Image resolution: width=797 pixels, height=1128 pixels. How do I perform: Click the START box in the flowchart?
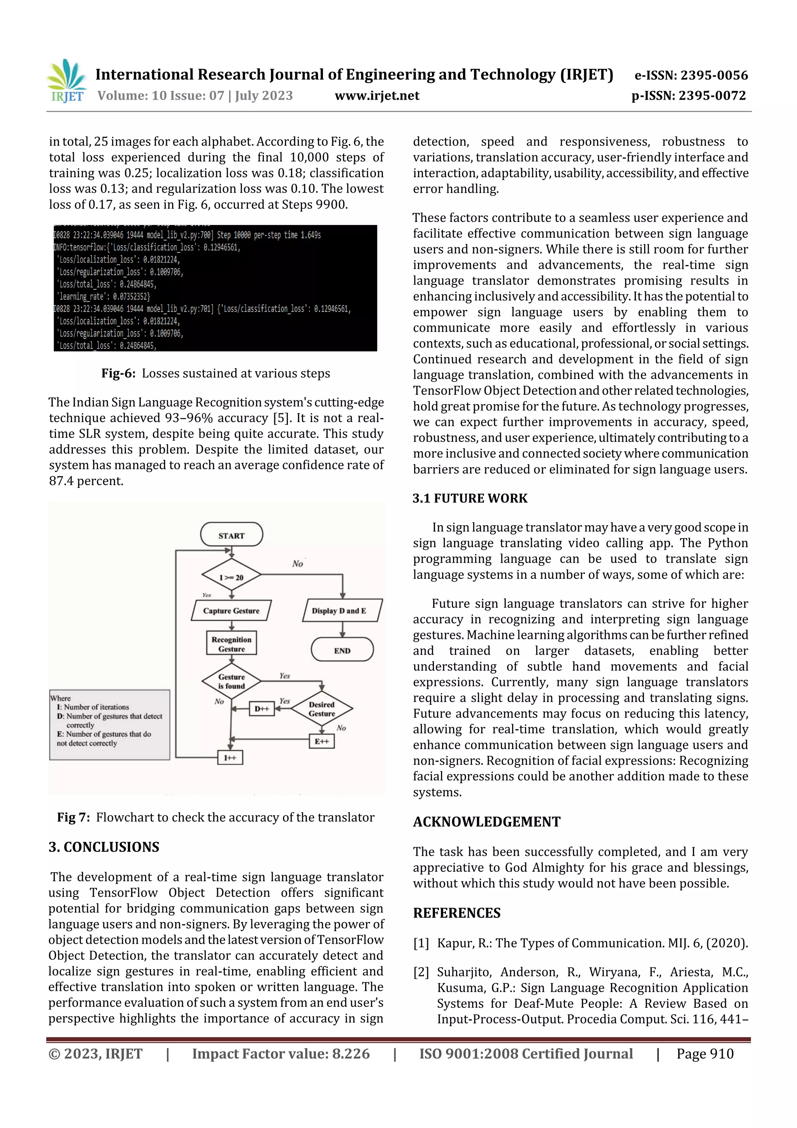[231, 535]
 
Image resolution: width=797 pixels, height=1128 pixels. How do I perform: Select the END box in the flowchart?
[342, 650]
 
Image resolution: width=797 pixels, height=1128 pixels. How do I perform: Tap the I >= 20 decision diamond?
[231, 576]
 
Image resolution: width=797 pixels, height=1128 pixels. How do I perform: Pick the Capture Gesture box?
[231, 611]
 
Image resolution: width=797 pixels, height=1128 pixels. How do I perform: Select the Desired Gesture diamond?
[322, 708]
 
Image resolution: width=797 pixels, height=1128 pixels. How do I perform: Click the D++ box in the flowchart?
[262, 708]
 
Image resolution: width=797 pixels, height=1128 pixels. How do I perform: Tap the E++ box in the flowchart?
[322, 741]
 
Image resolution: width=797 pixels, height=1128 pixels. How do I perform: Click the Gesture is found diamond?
[231, 681]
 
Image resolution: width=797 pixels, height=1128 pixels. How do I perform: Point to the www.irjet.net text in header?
[377, 95]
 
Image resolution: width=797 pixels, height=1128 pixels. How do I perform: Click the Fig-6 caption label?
[118, 373]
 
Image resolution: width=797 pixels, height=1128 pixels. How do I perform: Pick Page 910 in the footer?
[705, 1053]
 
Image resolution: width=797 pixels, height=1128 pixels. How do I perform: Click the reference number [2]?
[421, 972]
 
